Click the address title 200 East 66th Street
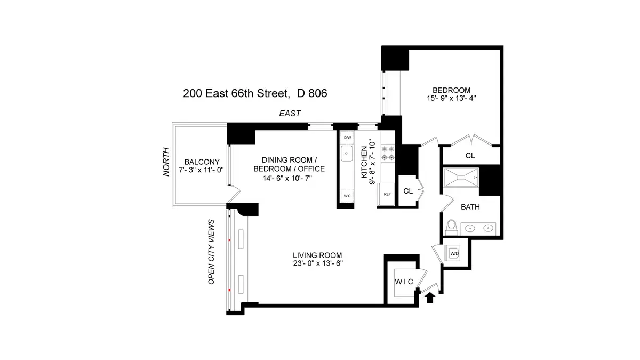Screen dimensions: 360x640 click(x=255, y=93)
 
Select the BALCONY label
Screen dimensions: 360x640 click(x=199, y=162)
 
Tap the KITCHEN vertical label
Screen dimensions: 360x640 click(x=365, y=158)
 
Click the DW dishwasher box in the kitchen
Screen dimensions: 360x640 click(x=347, y=138)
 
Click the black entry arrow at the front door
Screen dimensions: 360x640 click(x=430, y=297)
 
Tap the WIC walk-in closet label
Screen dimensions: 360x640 click(x=403, y=281)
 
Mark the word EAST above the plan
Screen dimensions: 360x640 click(x=291, y=114)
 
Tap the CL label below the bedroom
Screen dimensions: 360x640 click(x=470, y=156)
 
